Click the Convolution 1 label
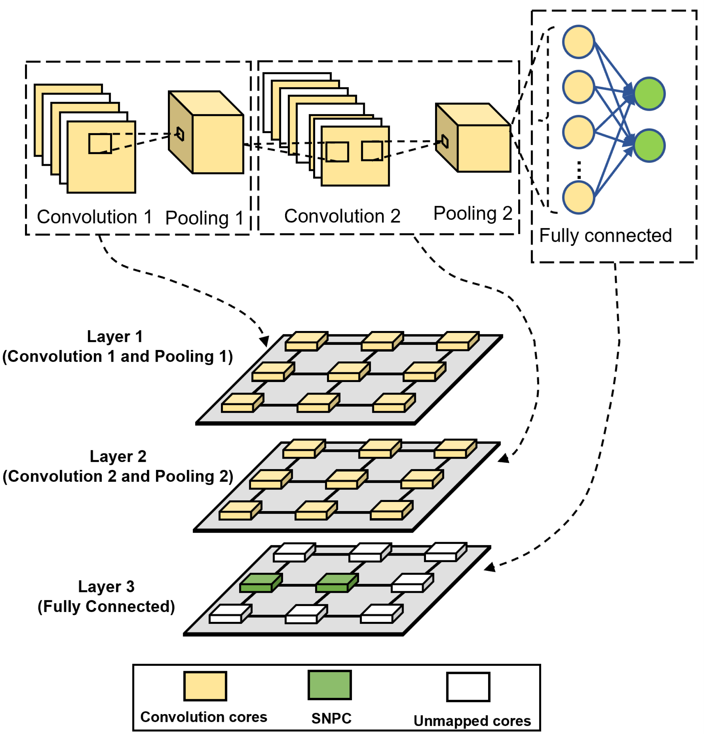94,217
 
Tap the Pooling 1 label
204,218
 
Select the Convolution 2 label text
342,217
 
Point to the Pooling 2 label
473,214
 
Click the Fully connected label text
605,236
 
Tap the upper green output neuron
649,94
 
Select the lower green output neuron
649,146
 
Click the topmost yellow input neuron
579,42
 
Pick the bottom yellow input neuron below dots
579,198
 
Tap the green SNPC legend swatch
330,685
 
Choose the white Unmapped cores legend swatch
468,687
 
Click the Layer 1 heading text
115,337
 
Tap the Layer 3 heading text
106,587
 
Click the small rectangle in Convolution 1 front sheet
100,144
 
